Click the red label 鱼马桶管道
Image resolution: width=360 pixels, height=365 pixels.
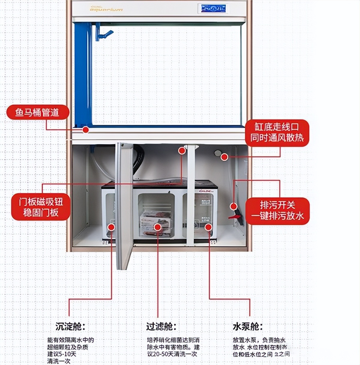(37, 113)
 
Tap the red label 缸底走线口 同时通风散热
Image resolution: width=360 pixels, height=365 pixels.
(277, 132)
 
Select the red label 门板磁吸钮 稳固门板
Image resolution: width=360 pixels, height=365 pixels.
(41, 207)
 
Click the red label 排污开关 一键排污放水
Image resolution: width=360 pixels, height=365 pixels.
(277, 210)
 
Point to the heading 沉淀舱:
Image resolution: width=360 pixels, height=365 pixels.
(70, 326)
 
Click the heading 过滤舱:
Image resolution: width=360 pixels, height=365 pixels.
(161, 326)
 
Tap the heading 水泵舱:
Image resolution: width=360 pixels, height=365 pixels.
(248, 326)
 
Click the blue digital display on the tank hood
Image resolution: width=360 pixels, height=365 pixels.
(213, 8)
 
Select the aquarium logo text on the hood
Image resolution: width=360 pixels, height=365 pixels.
(106, 9)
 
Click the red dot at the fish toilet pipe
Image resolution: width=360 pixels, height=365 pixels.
(86, 130)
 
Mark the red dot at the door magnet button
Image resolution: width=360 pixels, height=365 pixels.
(182, 151)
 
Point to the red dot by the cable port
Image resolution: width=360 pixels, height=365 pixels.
(224, 157)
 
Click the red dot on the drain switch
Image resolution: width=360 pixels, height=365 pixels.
(234, 206)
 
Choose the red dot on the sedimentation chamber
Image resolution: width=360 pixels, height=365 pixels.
(111, 227)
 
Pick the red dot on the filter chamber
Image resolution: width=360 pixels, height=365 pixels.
(157, 227)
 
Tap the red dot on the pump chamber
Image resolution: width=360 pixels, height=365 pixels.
(208, 227)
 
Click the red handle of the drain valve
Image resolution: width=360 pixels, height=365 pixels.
(234, 216)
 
